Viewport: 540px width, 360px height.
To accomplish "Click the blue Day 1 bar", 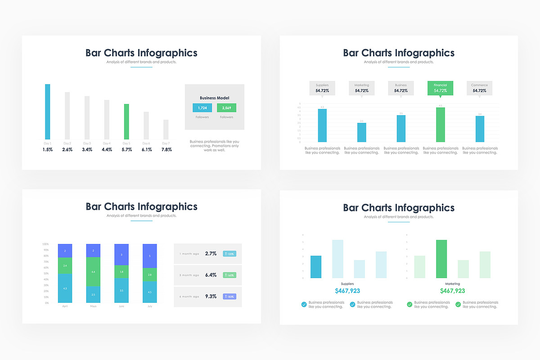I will pos(47,112).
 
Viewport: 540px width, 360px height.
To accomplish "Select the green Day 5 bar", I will pos(126,121).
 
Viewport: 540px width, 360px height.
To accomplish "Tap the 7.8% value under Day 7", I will pos(166,149).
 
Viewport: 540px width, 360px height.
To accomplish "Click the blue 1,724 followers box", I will pos(202,108).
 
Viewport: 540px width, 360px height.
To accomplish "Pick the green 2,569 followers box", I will pos(226,108).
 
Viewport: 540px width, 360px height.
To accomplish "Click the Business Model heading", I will pos(214,98).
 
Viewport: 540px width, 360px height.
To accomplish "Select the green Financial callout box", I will pos(440,88).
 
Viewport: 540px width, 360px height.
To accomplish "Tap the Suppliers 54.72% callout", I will pos(322,88).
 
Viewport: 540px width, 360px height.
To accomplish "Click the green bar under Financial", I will pos(440,125).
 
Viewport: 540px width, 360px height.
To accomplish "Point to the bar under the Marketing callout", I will pos(361,132).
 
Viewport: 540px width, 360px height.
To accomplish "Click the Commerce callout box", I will pos(479,88).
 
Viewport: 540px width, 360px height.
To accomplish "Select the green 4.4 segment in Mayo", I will pos(93,272).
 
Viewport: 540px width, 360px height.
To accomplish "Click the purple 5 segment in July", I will pos(150,256).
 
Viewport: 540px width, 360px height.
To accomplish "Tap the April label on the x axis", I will pos(65,306).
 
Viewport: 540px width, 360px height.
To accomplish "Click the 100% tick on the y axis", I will pos(45,244).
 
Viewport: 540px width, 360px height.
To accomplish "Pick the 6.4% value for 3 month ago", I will pos(211,275).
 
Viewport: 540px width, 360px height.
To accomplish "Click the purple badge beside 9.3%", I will pos(229,297).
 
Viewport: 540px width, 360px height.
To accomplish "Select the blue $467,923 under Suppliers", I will pos(347,291).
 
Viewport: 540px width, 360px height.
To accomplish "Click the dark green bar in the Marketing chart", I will pos(441,259).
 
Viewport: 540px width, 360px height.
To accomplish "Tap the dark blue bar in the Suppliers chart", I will pos(316,266).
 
